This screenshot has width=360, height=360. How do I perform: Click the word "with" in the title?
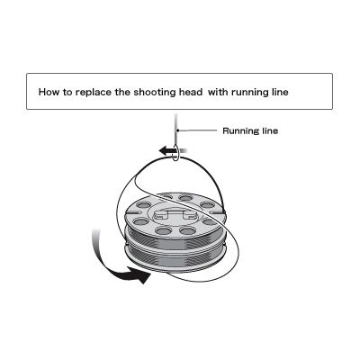pos(218,92)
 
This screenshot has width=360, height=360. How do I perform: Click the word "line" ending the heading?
pos(279,92)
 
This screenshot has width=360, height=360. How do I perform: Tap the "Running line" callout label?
pos(250,131)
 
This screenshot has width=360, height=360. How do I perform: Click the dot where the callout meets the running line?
pos(178,130)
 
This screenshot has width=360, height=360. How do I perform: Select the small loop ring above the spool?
pos(176,153)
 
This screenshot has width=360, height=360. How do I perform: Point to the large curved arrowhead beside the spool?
pos(139,274)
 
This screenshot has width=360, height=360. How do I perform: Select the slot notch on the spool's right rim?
pos(217,212)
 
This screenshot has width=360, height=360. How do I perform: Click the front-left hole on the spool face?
pos(164,230)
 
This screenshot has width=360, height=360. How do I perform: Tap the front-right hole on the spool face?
pos(188,230)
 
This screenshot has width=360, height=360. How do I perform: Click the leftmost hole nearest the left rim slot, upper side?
pos(144,205)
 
